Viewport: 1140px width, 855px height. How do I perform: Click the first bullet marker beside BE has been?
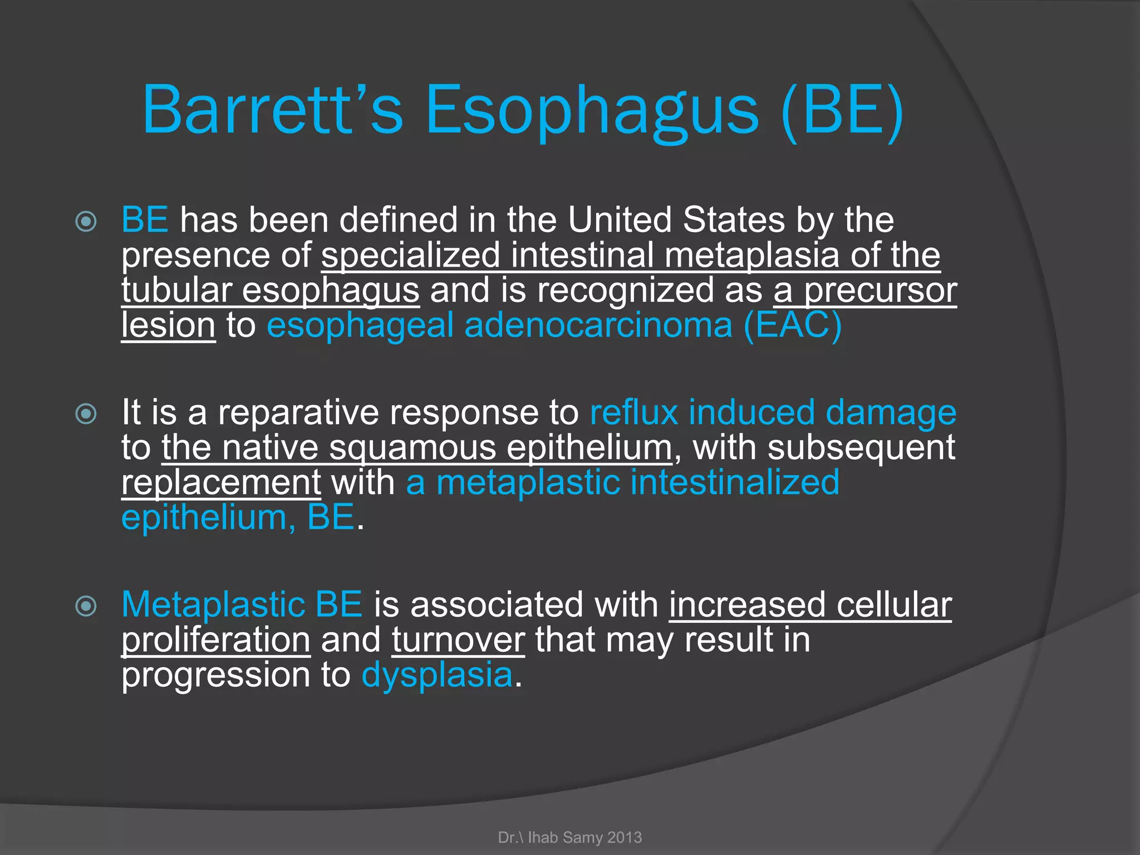coord(86,222)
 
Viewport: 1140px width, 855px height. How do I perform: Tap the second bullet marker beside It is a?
coord(86,414)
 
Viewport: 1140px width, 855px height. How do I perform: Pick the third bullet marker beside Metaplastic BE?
coord(86,606)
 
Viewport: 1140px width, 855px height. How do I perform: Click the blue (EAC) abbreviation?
coord(793,325)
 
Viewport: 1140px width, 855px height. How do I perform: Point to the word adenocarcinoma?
coord(598,325)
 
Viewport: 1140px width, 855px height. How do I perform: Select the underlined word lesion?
coord(168,325)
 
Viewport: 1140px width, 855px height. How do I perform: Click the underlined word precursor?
coord(881,291)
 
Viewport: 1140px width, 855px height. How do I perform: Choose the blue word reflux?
coord(633,412)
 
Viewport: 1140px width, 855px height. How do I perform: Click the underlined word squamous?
coord(412,448)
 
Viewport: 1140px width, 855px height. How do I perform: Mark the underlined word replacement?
coord(221,483)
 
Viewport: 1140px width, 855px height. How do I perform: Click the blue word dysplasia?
coord(437,675)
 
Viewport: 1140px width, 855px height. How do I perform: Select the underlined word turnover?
coord(458,640)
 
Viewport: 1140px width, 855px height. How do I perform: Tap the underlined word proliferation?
coord(216,640)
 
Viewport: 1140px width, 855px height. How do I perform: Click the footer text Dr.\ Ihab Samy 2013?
coord(570,837)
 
